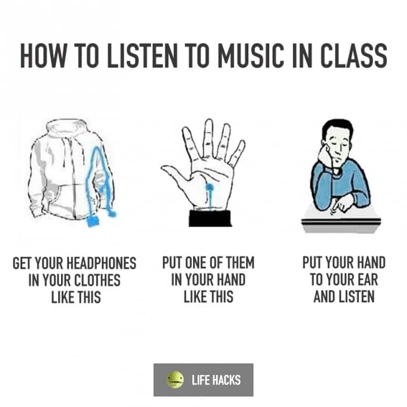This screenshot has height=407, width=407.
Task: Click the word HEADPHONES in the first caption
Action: [x=102, y=263]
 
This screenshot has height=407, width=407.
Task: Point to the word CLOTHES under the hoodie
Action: [x=97, y=280]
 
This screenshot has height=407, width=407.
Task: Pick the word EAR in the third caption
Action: [x=368, y=279]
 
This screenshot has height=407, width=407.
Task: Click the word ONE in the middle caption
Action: [x=196, y=262]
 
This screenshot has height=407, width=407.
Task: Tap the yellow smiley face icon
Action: [x=175, y=380]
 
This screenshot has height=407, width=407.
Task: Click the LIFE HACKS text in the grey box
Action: [x=216, y=380]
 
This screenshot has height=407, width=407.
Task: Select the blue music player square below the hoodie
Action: [x=93, y=221]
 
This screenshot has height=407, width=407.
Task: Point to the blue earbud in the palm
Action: [x=209, y=187]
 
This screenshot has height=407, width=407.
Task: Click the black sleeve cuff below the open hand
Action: [x=210, y=218]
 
